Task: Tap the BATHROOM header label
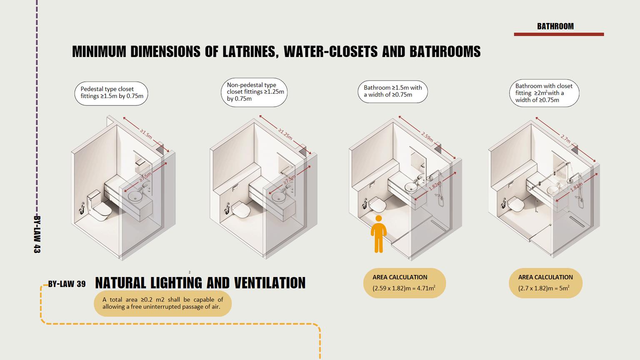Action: pyautogui.click(x=555, y=26)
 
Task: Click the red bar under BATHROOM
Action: pyautogui.click(x=558, y=34)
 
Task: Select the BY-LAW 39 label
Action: pyautogui.click(x=67, y=284)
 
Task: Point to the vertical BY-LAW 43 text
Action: pyautogui.click(x=37, y=234)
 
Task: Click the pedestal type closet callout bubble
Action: pyautogui.click(x=112, y=93)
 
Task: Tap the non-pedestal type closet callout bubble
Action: pyautogui.click(x=254, y=92)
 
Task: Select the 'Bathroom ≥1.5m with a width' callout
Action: pyautogui.click(x=392, y=91)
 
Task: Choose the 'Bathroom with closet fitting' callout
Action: pyautogui.click(x=544, y=93)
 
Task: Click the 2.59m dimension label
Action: pyautogui.click(x=427, y=136)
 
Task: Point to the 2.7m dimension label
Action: pyautogui.click(x=565, y=139)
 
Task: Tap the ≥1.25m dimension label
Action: pyautogui.click(x=285, y=134)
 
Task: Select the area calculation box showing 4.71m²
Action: pyautogui.click(x=404, y=283)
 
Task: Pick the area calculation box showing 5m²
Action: pyautogui.click(x=545, y=283)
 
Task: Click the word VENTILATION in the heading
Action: pyautogui.click(x=269, y=283)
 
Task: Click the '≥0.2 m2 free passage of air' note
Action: pyautogui.click(x=162, y=303)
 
